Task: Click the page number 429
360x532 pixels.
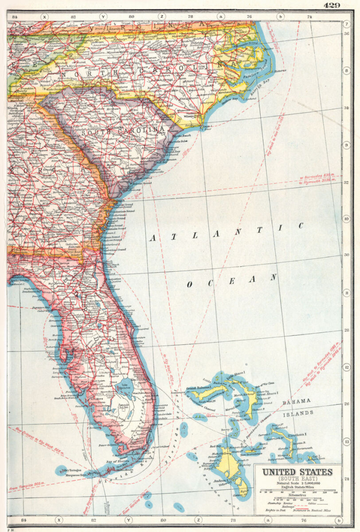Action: coord(332,6)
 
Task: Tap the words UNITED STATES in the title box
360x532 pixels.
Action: coord(298,472)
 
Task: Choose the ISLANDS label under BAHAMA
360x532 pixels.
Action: coord(298,413)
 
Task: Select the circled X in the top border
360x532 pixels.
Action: coord(45,17)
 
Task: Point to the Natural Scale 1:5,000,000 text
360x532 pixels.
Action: coord(298,484)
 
